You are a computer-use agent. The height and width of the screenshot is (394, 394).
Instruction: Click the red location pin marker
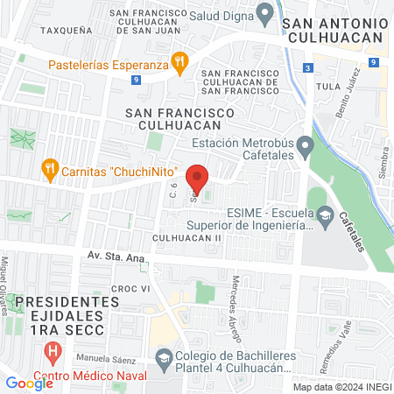(199, 178)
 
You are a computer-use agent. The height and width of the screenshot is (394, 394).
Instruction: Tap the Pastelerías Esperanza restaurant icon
(179, 60)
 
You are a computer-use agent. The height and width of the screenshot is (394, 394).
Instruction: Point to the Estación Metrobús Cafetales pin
(305, 145)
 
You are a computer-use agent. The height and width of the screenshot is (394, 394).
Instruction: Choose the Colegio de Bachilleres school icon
(163, 358)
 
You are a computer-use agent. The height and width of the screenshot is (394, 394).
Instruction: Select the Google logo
(29, 383)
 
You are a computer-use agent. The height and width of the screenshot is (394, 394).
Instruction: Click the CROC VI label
(132, 288)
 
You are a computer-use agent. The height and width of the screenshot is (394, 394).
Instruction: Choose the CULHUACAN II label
(186, 238)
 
